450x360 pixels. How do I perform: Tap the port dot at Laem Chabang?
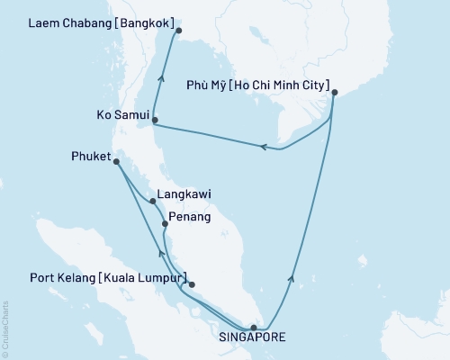(x=179, y=31)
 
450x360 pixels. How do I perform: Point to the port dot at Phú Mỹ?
(x=334, y=92)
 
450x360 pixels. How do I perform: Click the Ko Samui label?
(x=120, y=115)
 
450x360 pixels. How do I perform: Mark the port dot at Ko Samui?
(x=155, y=120)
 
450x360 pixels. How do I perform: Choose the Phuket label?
(x=89, y=155)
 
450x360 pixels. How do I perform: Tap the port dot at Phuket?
(x=116, y=162)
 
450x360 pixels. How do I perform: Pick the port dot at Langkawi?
(x=154, y=202)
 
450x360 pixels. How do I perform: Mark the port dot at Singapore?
(x=254, y=328)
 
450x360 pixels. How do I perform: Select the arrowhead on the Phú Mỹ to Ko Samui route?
(x=265, y=147)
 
